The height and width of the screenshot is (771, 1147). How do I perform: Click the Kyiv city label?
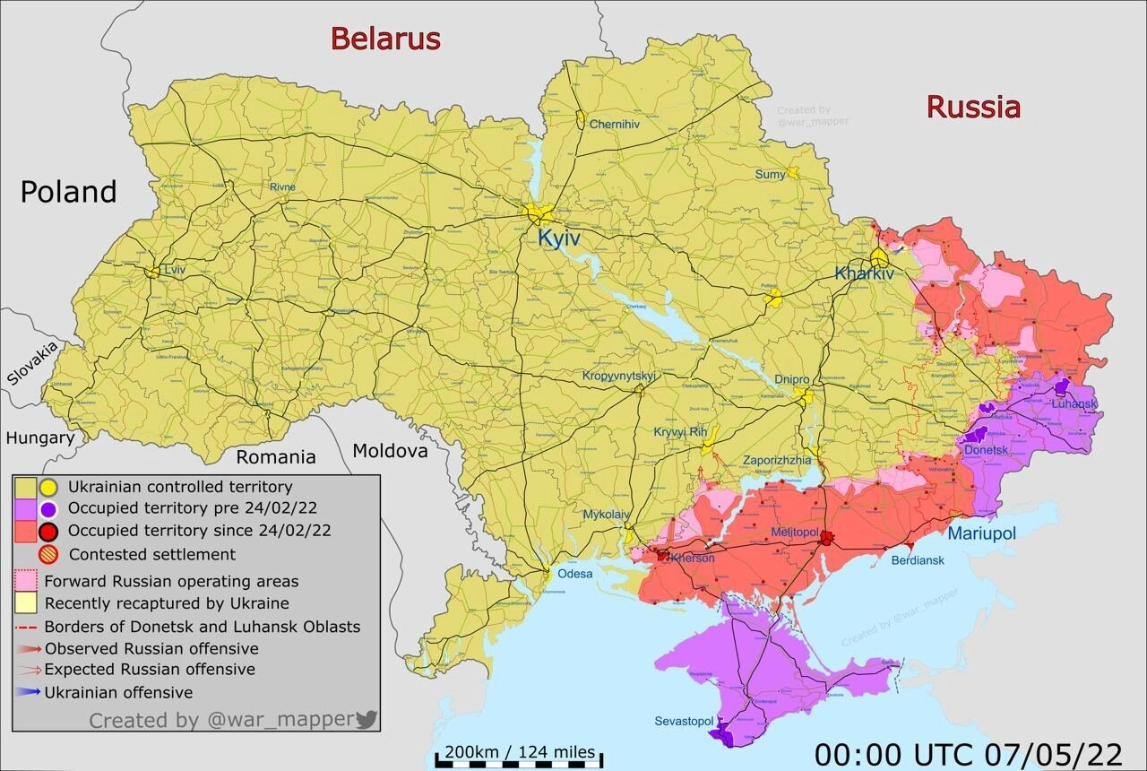tap(559, 238)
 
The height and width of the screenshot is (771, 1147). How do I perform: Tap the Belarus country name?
tap(385, 39)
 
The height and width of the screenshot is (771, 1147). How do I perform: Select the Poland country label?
tap(69, 192)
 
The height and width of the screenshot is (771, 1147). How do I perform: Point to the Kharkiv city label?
tap(865, 273)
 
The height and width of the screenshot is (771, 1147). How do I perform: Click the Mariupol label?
tap(982, 533)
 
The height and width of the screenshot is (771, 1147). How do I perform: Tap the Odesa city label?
tap(574, 574)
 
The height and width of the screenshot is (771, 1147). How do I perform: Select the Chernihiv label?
tap(614, 125)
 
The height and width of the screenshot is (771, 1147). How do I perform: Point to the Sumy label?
tap(770, 174)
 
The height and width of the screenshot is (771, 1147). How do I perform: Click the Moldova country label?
tap(390, 450)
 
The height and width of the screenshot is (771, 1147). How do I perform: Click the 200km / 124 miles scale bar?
tap(519, 758)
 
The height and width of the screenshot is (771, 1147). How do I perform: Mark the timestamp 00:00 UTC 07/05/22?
tap(968, 753)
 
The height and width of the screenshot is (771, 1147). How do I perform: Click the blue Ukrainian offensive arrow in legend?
tap(29, 692)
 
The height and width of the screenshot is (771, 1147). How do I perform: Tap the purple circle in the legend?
tap(47, 509)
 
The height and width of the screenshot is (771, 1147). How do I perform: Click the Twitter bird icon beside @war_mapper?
tap(366, 719)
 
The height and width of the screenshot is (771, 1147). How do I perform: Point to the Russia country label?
tap(973, 108)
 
